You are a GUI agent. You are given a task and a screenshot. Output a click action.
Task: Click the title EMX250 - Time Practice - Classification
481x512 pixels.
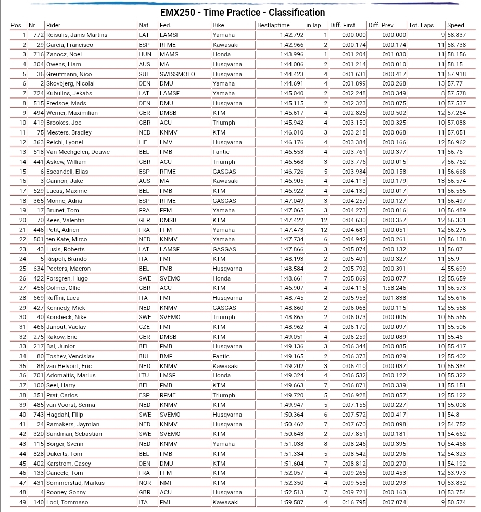pos(242,13)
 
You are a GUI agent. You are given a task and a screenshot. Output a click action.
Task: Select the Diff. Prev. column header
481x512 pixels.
pos(382,25)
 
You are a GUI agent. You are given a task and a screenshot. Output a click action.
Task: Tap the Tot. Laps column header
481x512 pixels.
pos(421,25)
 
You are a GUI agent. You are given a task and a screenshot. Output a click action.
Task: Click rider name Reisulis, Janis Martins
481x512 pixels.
pos(77,35)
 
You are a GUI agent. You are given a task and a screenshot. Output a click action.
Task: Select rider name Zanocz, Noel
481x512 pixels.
pos(64,54)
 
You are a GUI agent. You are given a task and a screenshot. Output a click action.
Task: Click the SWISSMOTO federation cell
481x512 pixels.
pos(177,74)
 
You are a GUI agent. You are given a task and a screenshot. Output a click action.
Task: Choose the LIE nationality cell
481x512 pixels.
pos(143,142)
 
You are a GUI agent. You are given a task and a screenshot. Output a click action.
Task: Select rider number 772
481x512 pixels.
pos(38,35)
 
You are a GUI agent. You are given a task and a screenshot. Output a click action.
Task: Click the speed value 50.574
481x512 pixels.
pos(457,502)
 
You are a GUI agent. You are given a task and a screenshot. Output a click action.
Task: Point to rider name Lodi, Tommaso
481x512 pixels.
pos(67,502)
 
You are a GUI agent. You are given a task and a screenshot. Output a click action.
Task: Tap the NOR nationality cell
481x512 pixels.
pos(144,483)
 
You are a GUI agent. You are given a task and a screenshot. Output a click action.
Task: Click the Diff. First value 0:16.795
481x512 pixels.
pos(354,502)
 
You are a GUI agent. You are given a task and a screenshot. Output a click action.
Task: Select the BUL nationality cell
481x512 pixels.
pos(144,356)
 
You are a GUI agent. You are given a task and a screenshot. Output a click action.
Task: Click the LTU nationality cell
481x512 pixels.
pos(144,375)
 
